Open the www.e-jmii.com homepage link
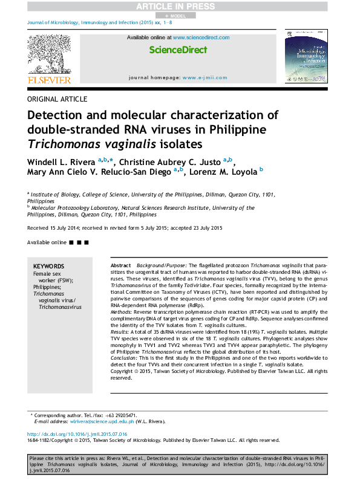pos(205,78)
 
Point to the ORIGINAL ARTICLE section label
pos(57,99)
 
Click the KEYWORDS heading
pos(48,266)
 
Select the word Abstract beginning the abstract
pos(120,266)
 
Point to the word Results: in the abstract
pos(120,332)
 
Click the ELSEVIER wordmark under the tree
pos(49,80)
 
